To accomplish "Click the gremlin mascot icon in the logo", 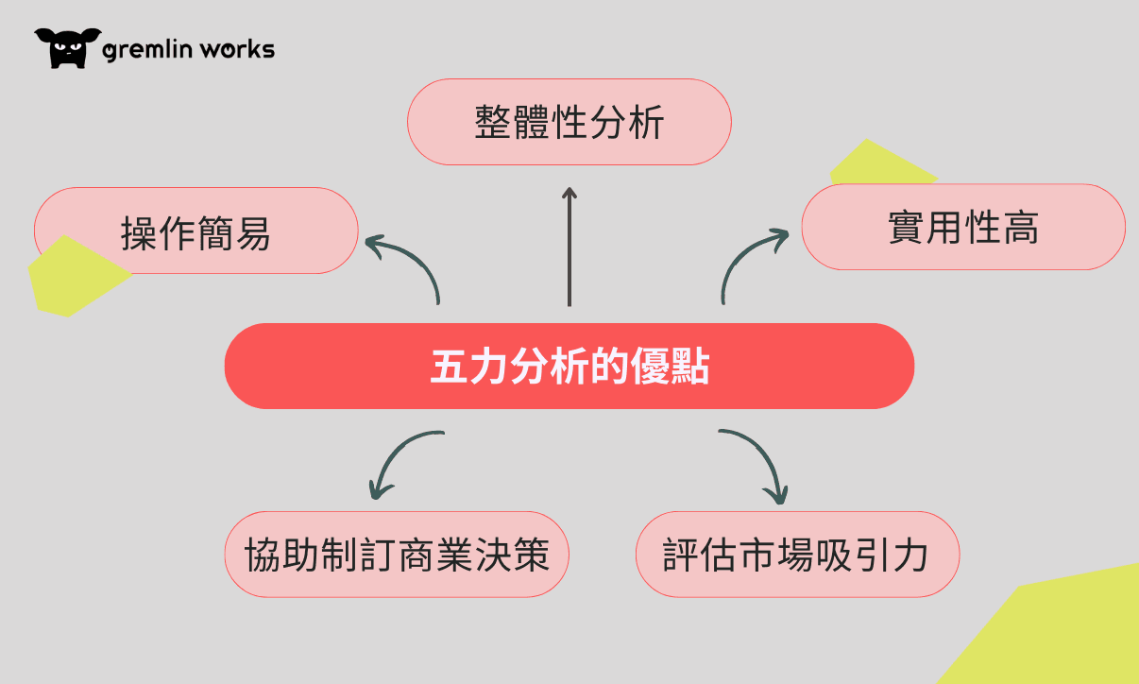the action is pos(68,48).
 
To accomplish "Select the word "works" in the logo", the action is pos(237,49).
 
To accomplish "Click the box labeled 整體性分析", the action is pos(569,122).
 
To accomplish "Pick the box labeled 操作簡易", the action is pos(196,231).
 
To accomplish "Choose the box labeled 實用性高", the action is pos(963,227).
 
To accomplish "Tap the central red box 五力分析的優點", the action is pos(569,367).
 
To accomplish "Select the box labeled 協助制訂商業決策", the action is pos(397,555).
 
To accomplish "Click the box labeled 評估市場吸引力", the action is pos(798,555).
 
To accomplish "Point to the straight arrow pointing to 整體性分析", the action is pos(569,247).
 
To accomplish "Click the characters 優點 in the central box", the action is pos(671,367).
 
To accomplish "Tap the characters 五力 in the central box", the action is pos(469,367).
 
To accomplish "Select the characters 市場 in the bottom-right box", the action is pos(777,555).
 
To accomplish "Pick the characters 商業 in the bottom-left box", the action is pos(435,555).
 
